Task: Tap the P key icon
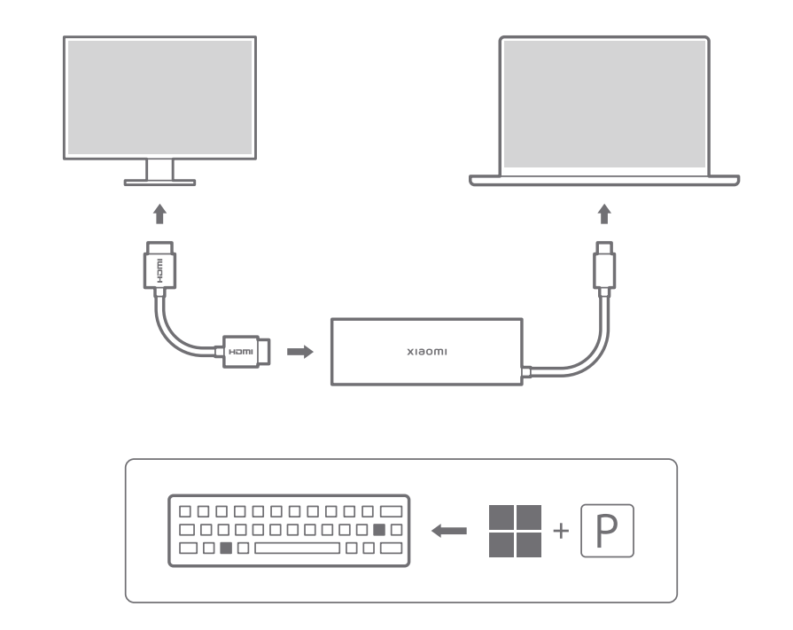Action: pos(608,531)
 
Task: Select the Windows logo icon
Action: pos(515,531)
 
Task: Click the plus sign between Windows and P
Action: pos(558,532)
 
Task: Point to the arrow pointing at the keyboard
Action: pos(449,531)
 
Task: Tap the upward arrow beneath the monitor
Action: pos(159,214)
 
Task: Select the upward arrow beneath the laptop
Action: pos(604,214)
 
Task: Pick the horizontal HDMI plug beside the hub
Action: pos(244,351)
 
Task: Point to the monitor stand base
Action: pos(160,181)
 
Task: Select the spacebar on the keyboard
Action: pos(298,548)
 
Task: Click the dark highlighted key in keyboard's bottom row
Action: pos(225,548)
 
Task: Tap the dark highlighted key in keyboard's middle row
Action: pos(379,530)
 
